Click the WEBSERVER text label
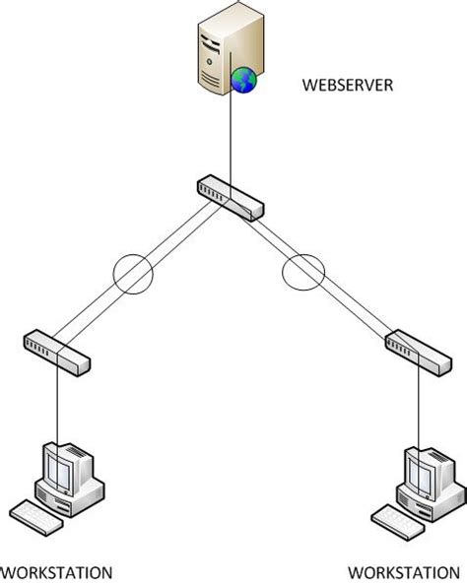[x=349, y=86]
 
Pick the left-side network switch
[x=56, y=352]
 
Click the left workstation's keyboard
[x=36, y=514]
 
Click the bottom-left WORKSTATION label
[x=56, y=572]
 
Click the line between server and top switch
[x=230, y=138]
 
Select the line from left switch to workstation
[x=57, y=404]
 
